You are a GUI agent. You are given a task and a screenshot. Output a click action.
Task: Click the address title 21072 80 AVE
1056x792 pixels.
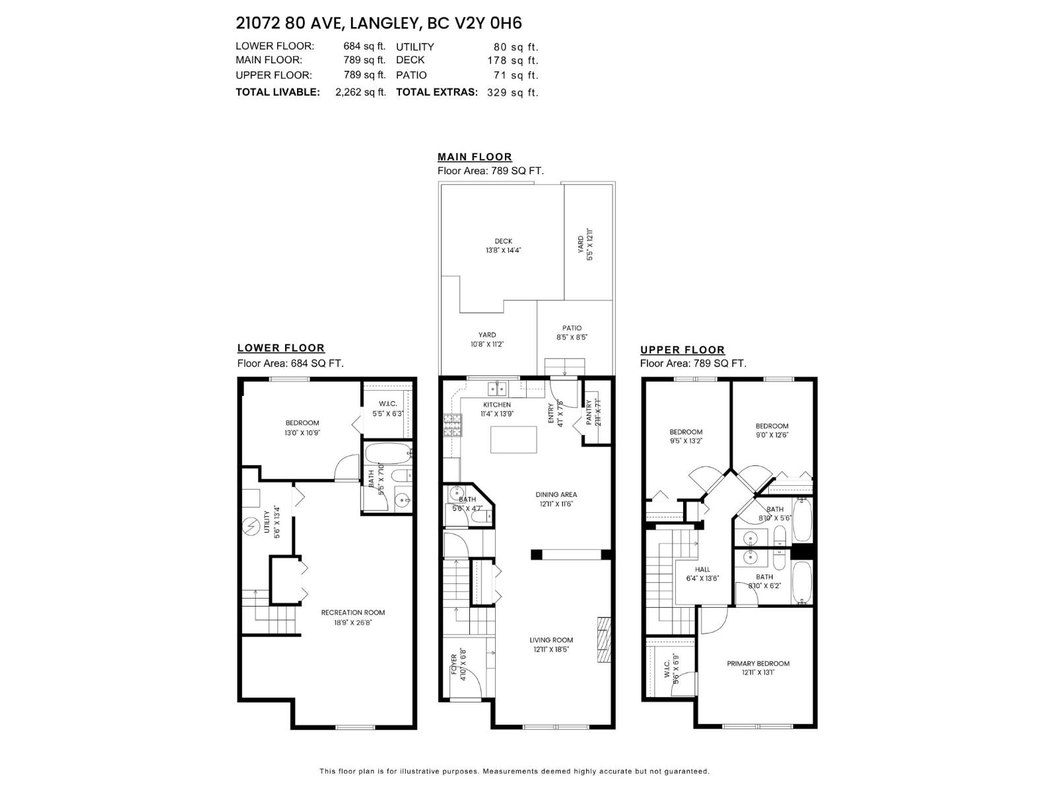[x=289, y=23]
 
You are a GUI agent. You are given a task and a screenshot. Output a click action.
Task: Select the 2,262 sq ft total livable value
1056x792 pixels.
[x=360, y=92]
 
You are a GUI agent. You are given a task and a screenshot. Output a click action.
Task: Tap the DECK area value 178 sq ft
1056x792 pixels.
[x=513, y=60]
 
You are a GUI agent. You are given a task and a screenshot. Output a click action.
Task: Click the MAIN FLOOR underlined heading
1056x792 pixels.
[x=475, y=157]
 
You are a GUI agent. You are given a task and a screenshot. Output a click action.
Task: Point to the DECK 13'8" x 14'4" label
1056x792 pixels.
[x=503, y=246]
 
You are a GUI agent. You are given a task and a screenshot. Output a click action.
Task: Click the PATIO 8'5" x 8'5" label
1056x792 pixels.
[x=572, y=332]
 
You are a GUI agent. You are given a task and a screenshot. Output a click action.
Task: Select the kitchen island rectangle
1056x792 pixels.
[x=513, y=440]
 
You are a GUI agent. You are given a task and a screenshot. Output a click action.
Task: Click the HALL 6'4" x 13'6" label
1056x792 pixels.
[x=702, y=574]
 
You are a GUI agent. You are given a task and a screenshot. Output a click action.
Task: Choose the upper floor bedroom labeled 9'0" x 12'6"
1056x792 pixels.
[x=772, y=430]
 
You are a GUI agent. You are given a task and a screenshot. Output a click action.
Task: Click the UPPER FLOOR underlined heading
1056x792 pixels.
[x=682, y=350]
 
